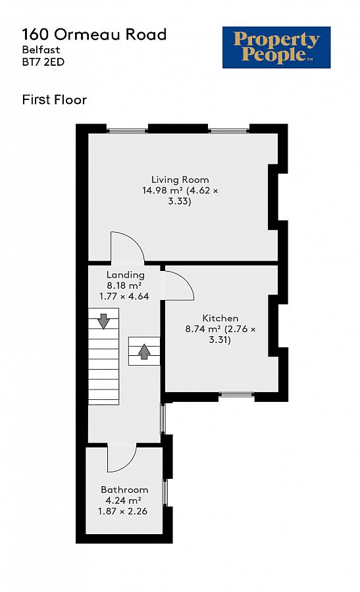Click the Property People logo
coord(276,47)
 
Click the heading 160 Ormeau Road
coord(94,34)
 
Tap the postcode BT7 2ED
coord(43,62)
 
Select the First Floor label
coord(55,100)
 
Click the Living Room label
coord(180,180)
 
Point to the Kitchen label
coord(220,318)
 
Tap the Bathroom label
coord(124,489)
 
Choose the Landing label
coord(126,275)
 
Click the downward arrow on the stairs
coord(103,321)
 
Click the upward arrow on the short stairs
coord(144,352)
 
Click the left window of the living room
coord(127,132)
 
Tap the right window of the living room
coord(229,132)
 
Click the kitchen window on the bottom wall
coord(236,395)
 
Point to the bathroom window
coord(165,493)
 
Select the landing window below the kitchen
coord(163,418)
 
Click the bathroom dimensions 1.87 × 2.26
coord(123,511)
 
